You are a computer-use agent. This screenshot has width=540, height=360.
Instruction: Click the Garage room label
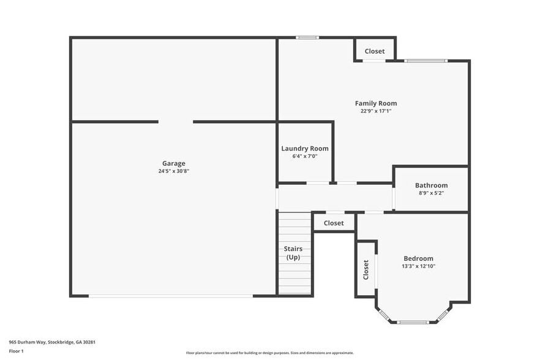(173, 163)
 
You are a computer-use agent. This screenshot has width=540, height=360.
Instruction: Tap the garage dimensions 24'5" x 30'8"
(173, 171)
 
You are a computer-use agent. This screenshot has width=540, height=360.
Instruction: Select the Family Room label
(376, 103)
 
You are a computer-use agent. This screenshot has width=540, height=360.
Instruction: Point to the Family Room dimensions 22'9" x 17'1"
(376, 111)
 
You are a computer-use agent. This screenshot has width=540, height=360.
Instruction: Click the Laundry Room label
(305, 149)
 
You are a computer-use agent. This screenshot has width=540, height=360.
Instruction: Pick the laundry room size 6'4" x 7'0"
(305, 157)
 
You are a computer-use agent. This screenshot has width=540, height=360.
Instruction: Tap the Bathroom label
(431, 186)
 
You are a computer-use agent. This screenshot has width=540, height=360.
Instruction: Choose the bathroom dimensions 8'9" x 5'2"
(431, 193)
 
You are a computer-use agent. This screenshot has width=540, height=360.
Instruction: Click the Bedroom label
(418, 258)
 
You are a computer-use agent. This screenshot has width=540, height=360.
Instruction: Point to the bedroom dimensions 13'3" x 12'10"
(418, 266)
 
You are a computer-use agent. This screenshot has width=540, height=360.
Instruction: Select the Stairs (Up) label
(293, 253)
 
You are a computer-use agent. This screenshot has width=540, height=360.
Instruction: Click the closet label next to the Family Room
(375, 51)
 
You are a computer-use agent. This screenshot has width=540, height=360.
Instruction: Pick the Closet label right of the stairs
(334, 223)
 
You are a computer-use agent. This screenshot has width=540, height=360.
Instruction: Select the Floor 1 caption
(16, 351)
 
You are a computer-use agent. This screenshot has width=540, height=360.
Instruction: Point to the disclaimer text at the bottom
(270, 353)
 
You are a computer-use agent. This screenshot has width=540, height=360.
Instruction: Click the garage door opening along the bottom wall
(171, 296)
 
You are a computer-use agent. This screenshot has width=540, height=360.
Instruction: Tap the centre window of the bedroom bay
(413, 322)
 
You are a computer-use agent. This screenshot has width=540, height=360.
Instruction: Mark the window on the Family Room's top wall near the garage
(307, 38)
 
